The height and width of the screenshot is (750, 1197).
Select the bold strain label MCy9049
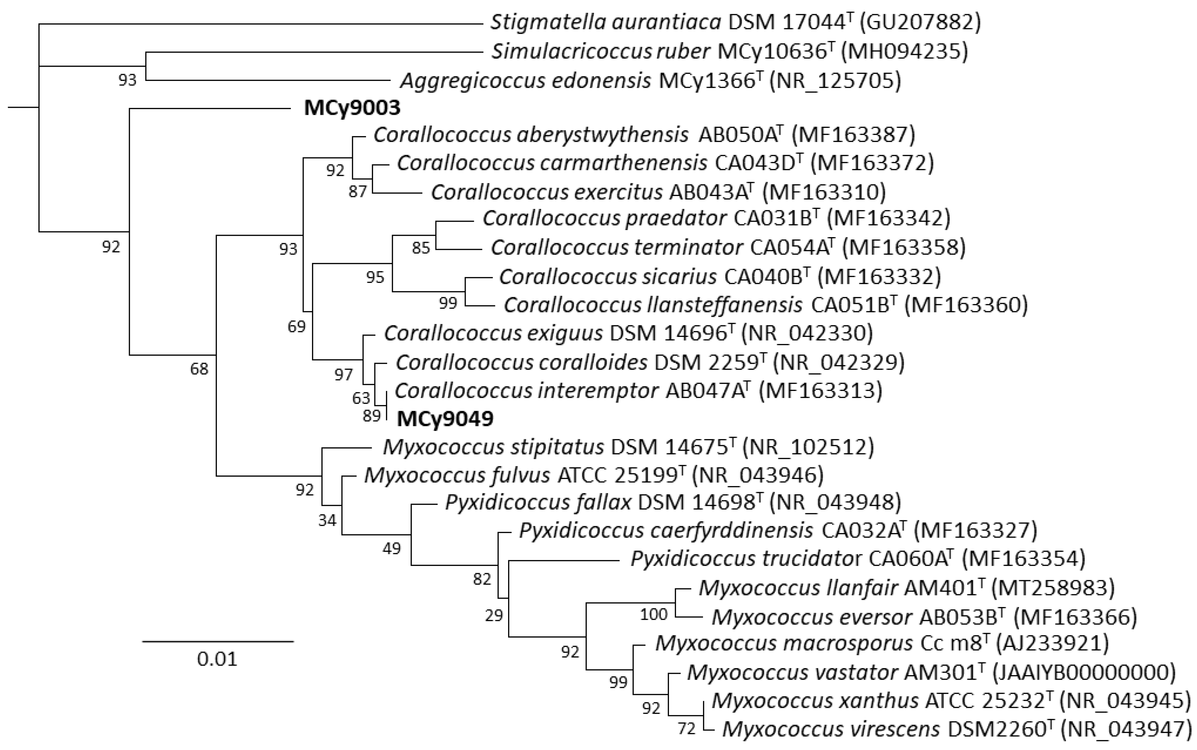click(x=445, y=419)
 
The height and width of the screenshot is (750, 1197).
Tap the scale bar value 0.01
click(x=217, y=659)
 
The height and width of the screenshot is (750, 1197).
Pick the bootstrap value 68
click(x=199, y=369)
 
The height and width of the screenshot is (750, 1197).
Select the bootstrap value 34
click(x=327, y=520)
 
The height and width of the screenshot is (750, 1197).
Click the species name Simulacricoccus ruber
click(x=601, y=51)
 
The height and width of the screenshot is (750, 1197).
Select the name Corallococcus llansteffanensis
click(x=653, y=305)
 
